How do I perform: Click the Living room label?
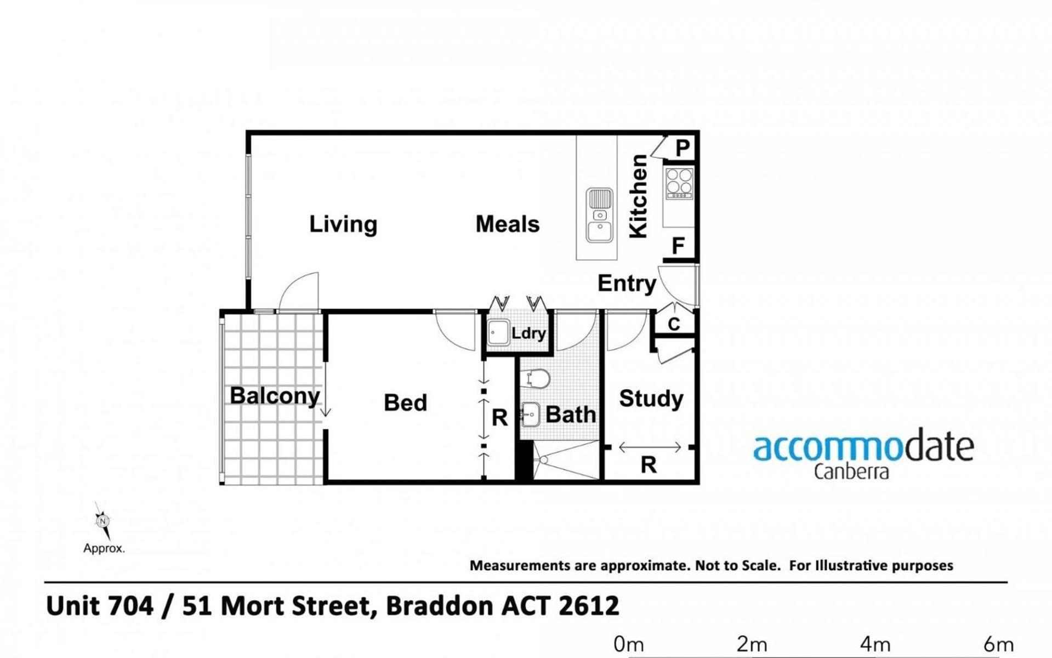[x=343, y=224]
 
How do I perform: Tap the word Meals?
[x=508, y=224]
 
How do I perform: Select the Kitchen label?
[x=639, y=196]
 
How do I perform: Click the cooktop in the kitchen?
[x=679, y=184]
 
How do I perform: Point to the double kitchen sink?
[x=600, y=215]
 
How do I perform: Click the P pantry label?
[x=683, y=148]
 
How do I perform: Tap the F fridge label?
[x=678, y=246]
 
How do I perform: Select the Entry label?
[x=627, y=283]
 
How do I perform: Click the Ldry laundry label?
[x=528, y=333]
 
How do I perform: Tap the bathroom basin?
[x=531, y=415]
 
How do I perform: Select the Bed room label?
[x=405, y=403]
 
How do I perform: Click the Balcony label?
[x=275, y=396]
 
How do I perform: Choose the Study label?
[x=651, y=399]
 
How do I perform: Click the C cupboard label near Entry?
[x=674, y=324]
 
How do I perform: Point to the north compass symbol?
[x=103, y=521]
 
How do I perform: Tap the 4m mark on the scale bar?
[x=874, y=644]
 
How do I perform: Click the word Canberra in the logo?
[x=851, y=472]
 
